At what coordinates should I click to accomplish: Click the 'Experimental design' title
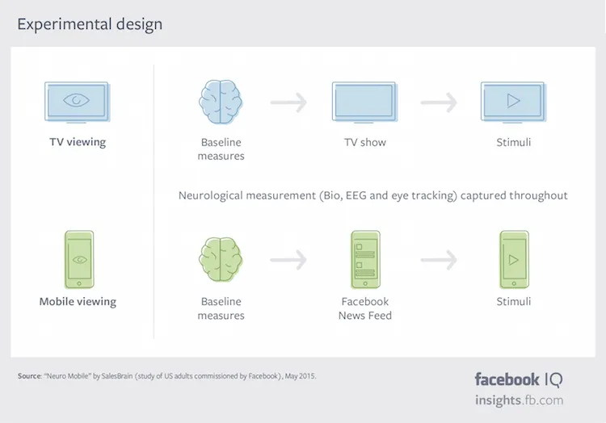[90, 24]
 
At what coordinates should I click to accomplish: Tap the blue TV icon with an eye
[78, 102]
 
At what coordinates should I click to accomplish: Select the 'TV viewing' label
[78, 142]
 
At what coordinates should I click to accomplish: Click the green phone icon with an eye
[78, 259]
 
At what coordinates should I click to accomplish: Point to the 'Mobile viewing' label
[78, 302]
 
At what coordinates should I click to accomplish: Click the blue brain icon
[221, 102]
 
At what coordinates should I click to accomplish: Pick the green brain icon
[221, 259]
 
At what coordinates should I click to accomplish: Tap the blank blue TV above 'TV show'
[364, 102]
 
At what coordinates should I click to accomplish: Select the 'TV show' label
[365, 142]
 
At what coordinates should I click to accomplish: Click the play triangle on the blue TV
[514, 102]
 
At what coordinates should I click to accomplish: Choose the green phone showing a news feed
[365, 259]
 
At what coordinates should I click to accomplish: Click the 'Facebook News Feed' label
[365, 308]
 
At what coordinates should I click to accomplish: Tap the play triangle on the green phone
[514, 261]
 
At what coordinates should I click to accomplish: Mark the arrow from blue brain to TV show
[288, 103]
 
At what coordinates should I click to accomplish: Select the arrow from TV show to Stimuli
[439, 103]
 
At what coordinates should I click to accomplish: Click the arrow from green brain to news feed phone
[288, 260]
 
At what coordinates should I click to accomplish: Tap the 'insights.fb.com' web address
[519, 400]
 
